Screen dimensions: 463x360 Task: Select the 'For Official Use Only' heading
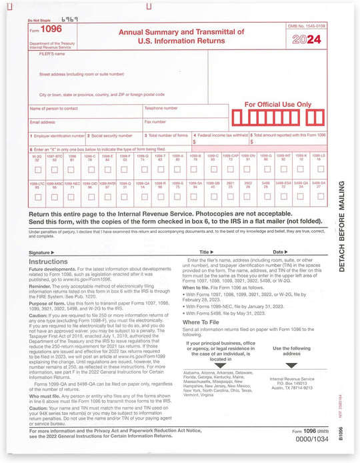278,104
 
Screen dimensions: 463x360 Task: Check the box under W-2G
37,169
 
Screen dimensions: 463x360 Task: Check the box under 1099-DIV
248,169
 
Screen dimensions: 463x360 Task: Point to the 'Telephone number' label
161,107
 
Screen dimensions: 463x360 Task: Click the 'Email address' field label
43,122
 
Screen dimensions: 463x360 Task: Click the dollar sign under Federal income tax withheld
194,142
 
